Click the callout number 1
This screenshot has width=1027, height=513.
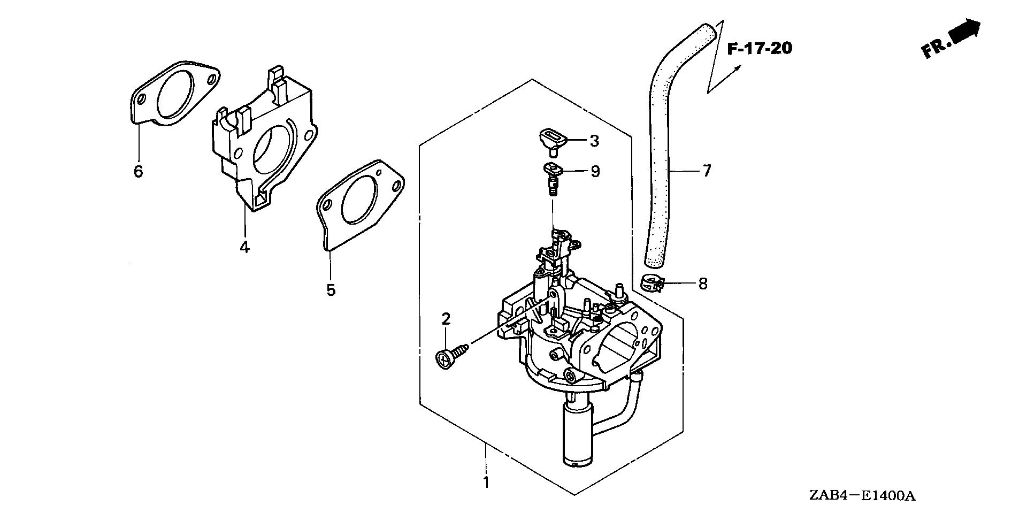coord(486,482)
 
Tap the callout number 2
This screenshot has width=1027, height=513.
coord(446,319)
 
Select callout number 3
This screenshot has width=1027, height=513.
coord(594,141)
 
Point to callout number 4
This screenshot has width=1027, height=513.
coord(244,248)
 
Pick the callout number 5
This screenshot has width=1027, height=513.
coord(331,290)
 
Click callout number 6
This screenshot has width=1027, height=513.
coord(138,172)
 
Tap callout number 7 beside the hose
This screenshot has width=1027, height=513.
coord(706,171)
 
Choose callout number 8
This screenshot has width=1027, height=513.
coord(702,284)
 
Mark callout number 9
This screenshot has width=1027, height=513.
coord(595,172)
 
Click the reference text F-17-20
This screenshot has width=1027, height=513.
coord(760,49)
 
